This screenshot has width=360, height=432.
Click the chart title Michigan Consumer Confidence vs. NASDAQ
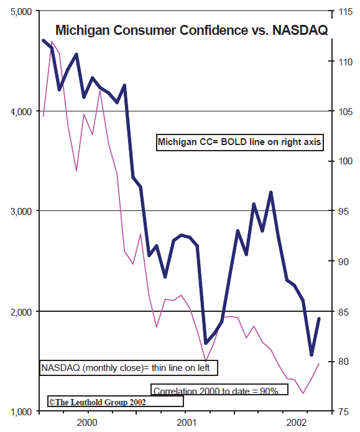191,30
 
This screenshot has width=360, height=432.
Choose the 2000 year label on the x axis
87,423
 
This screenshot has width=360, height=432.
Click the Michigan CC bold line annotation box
239,142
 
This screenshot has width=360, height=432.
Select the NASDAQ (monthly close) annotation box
129,368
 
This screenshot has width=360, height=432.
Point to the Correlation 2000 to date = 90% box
219,390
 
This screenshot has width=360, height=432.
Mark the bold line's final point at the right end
319,319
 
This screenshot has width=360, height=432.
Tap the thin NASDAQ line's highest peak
52,42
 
